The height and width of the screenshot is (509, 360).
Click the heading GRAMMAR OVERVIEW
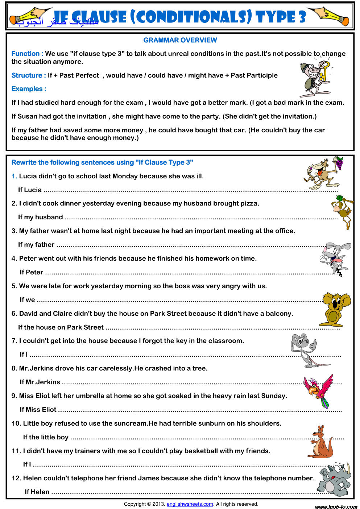[x=180, y=40]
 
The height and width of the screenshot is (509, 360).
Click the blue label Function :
[x=27, y=54]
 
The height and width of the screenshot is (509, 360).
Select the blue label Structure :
[x=29, y=75]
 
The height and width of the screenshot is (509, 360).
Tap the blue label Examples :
[x=29, y=89]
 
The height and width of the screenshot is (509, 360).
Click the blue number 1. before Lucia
[x=14, y=176]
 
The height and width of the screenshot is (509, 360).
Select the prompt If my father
[x=36, y=245]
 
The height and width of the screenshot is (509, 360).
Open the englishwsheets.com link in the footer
[x=190, y=504]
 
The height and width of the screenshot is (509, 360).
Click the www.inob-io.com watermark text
[x=336, y=507]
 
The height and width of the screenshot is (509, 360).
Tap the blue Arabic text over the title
[x=57, y=21]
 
